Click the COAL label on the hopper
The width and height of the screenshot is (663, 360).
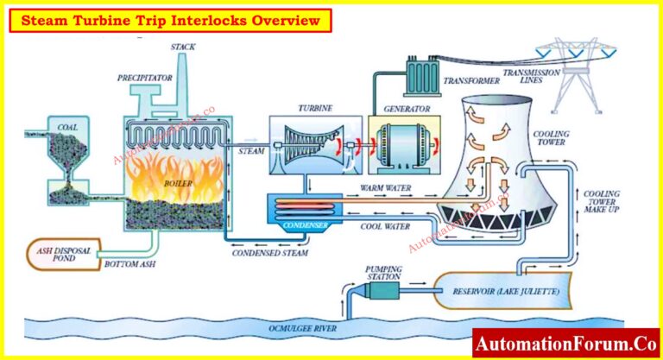(66, 127)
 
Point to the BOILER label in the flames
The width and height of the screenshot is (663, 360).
(180, 184)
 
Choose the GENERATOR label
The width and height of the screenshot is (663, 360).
(397, 110)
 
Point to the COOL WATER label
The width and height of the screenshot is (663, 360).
(384, 226)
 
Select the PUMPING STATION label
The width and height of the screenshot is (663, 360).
(384, 274)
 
